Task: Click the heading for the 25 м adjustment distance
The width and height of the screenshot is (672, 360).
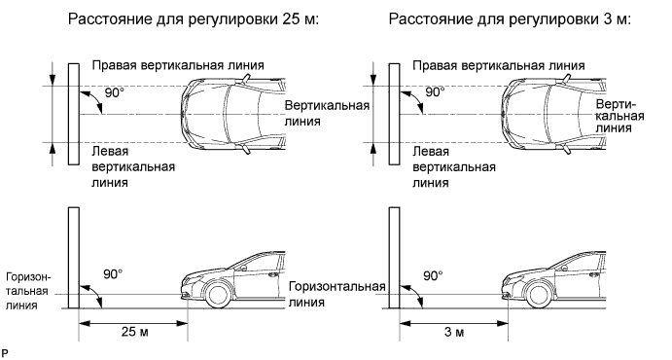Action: tap(194, 19)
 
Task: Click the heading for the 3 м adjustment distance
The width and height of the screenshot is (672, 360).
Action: tap(510, 19)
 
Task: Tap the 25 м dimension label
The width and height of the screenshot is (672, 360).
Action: tap(134, 332)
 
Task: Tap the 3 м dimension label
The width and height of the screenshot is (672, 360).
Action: tap(454, 332)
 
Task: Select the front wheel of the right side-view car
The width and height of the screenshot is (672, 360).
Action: tap(538, 295)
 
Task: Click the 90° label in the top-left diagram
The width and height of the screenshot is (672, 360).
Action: tap(114, 92)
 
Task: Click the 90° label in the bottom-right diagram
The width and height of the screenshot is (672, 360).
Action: tap(434, 275)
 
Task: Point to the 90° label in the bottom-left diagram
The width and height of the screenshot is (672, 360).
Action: tap(113, 273)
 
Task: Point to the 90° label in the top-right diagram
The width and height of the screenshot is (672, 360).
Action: tap(435, 91)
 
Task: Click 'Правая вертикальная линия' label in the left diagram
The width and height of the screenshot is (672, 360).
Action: tap(178, 65)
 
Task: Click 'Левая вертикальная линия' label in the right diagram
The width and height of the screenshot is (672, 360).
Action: tap(454, 166)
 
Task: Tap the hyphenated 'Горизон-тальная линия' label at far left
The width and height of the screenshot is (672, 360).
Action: tap(28, 292)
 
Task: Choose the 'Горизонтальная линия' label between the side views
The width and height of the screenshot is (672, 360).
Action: tap(336, 294)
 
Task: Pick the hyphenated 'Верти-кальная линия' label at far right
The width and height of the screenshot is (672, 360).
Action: tap(619, 116)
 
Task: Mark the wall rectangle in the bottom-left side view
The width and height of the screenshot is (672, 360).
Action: tap(74, 258)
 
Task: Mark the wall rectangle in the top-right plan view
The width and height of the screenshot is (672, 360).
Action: tap(394, 114)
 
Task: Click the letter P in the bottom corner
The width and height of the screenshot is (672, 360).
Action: tap(4, 353)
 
